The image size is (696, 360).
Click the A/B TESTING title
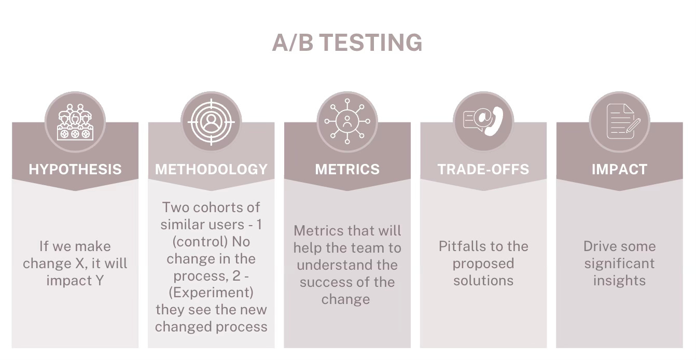347,43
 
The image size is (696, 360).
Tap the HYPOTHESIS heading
75,169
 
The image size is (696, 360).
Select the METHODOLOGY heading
211,169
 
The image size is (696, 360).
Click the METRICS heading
347,169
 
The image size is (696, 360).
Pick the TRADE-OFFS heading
483,169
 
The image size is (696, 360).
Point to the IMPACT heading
619,169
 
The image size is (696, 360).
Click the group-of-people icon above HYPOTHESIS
75,122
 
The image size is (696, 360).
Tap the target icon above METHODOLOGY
211,122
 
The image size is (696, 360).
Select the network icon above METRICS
347,122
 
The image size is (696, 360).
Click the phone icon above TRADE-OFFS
483,122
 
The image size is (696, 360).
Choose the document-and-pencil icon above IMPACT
619,122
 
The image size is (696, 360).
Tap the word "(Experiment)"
211,293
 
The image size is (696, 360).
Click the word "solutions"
483,281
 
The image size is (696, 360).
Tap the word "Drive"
602,246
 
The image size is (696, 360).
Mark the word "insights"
619,281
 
